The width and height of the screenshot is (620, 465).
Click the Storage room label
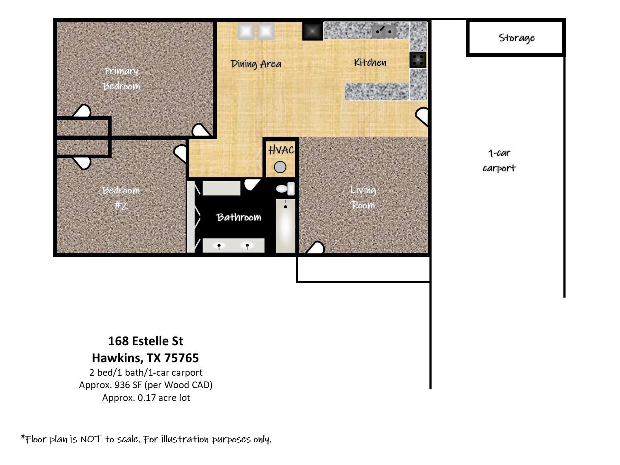point(517,38)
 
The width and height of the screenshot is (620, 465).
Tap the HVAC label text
point(281,150)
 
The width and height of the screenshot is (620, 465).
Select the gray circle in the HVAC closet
point(280,167)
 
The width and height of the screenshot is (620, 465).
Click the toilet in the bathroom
point(285,188)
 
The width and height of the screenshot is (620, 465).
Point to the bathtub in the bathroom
point(285,226)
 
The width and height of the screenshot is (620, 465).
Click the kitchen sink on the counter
point(383,31)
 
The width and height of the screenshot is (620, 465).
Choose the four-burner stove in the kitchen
point(418,60)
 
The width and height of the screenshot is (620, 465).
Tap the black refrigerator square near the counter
point(312,31)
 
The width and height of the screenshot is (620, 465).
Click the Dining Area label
point(256,64)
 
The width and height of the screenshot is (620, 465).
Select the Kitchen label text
point(370,62)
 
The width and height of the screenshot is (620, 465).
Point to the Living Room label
point(363,197)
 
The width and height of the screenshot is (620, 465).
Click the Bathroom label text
point(238,217)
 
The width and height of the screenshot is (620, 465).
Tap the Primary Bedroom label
point(121,79)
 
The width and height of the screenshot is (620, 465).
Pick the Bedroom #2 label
point(121,198)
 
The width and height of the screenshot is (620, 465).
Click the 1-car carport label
point(499,161)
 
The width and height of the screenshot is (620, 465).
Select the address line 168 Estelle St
point(146,341)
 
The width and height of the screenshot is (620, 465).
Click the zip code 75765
point(181,358)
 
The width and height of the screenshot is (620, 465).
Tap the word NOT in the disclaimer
point(91,439)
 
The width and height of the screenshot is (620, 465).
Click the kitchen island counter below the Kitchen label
point(377,91)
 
